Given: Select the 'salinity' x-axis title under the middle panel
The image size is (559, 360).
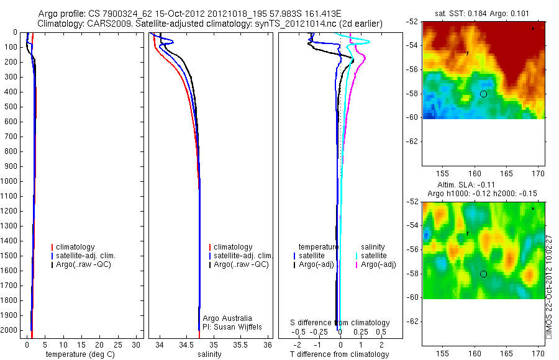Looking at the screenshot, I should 209,354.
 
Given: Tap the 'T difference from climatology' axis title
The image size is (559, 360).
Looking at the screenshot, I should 339,354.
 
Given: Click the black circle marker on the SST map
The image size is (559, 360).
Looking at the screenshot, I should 483,94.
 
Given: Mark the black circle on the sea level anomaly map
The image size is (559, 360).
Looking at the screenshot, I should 483,274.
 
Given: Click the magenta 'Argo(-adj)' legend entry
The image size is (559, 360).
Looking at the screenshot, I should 378,265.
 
